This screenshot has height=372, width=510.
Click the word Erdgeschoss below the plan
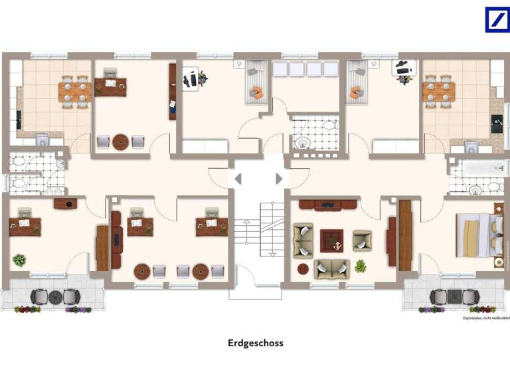255,343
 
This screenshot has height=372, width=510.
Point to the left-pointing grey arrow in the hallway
238,179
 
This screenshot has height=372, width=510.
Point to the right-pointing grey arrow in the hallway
279,179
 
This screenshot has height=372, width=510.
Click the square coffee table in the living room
331,239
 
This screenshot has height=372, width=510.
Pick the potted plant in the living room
360,266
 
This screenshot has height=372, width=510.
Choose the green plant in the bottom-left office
19,260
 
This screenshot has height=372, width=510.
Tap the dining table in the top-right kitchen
438,91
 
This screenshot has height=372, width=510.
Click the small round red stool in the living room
303,269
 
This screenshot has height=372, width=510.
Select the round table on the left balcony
55,296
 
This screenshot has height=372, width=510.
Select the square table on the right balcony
454,296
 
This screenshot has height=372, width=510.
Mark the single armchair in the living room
362,240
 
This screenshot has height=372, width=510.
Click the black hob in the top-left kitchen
19,120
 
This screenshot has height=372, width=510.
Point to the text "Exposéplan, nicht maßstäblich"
486,318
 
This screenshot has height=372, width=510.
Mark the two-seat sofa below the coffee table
331,269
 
